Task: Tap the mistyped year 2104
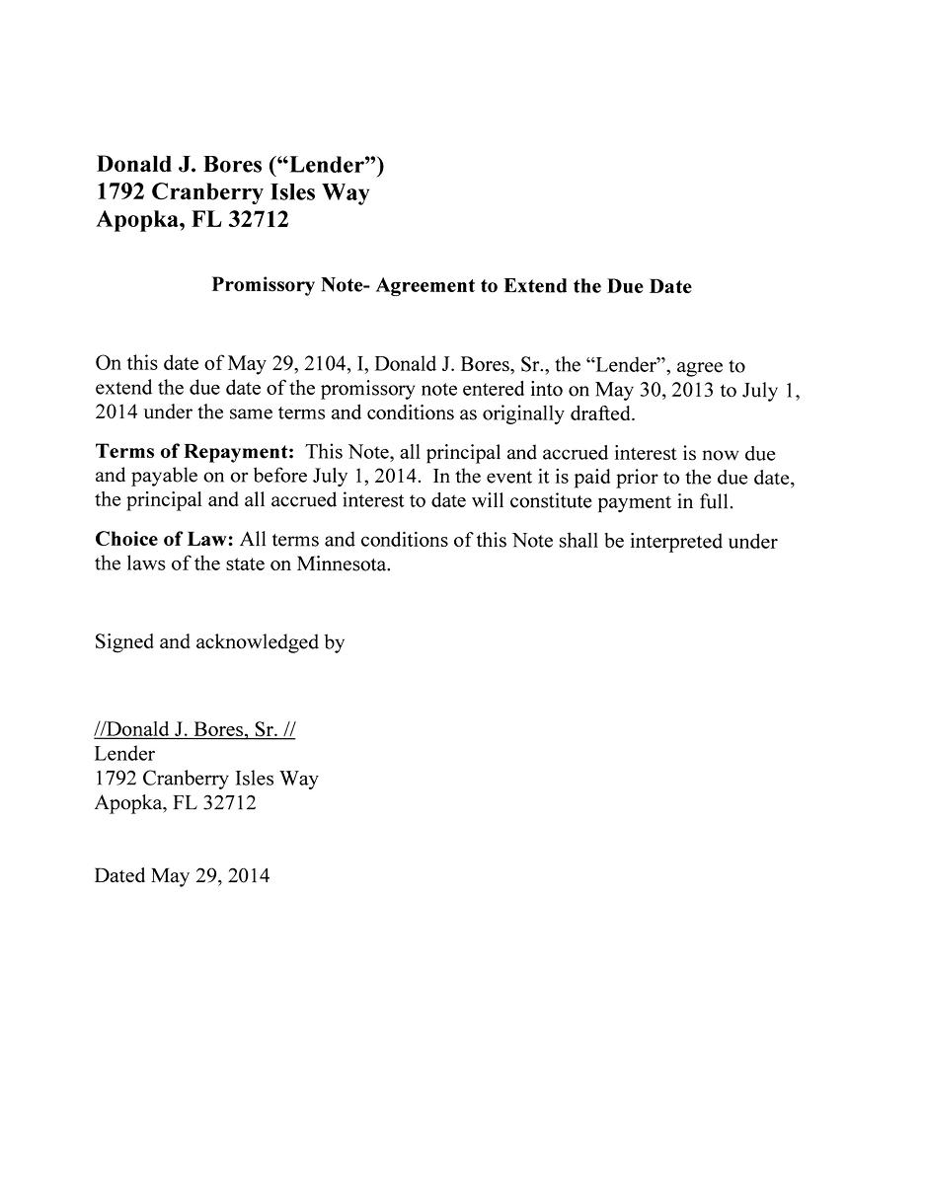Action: pyautogui.click(x=326, y=366)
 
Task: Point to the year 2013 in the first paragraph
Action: pyautogui.click(x=691, y=390)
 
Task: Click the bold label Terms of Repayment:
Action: pyautogui.click(x=194, y=453)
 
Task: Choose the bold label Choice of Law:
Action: pyautogui.click(x=164, y=541)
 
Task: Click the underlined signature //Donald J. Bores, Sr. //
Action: pyautogui.click(x=194, y=730)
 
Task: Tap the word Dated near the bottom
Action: pyautogui.click(x=119, y=875)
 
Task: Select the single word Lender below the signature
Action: pyautogui.click(x=124, y=754)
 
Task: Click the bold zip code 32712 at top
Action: pyautogui.click(x=259, y=220)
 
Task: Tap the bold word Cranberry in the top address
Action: pyautogui.click(x=206, y=193)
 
